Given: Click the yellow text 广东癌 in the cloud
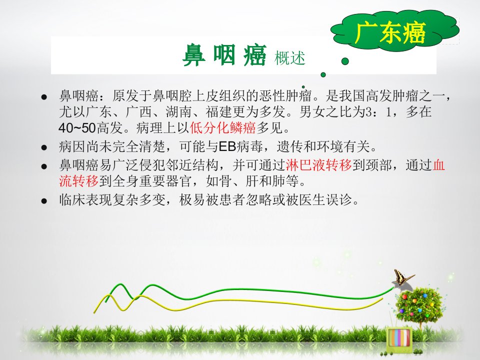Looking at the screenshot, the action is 390,32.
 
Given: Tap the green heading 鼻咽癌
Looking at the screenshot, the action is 224,55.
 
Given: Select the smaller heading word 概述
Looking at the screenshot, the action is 290,58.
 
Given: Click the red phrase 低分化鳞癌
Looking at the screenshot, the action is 222,127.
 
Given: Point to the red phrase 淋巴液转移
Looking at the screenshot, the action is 318,165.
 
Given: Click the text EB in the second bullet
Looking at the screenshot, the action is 227,147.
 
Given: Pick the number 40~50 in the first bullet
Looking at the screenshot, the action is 77,128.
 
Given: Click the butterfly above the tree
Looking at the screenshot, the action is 402,277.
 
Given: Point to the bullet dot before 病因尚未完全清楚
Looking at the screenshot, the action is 44,147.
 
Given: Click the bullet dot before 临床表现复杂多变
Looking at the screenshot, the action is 44,201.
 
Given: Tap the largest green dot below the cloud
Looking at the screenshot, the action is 345,61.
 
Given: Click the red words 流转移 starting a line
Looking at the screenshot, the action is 78,181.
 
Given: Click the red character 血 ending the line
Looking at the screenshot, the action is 438,165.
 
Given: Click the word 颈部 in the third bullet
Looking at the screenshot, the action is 378,165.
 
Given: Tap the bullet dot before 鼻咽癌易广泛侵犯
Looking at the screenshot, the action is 44,166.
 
